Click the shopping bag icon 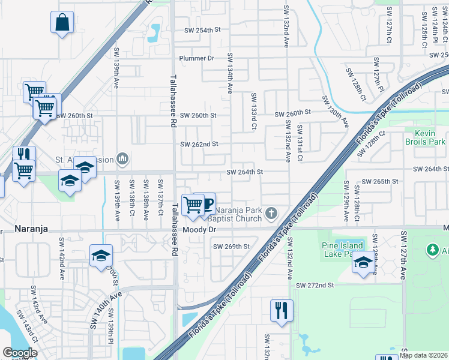[62, 23]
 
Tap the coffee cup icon [205, 203]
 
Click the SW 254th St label [203, 30]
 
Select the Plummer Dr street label [197, 58]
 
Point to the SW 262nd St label [199, 144]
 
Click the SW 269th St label [231, 247]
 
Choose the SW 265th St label [381, 181]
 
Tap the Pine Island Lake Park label [342, 250]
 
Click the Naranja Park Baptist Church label [239, 214]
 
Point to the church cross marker [271, 212]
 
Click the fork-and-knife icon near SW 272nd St [282, 310]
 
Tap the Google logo [20, 353]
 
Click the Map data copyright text [424, 355]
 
